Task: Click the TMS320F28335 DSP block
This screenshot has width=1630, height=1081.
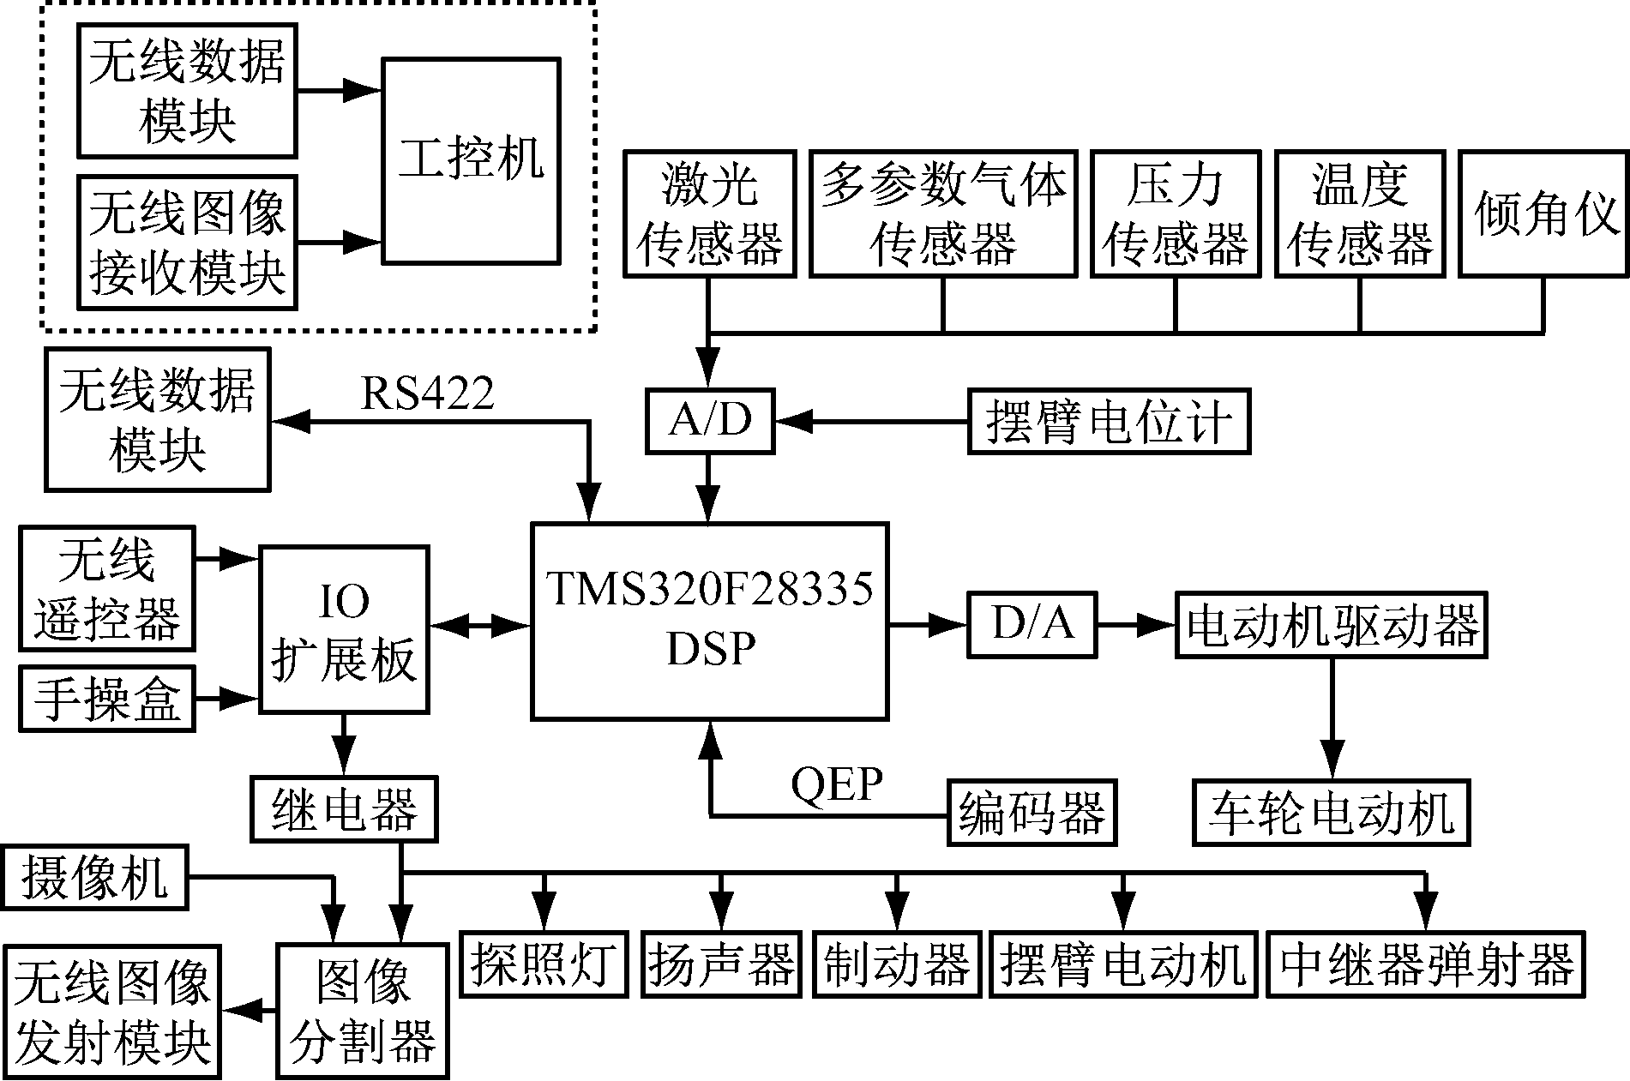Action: coord(709,621)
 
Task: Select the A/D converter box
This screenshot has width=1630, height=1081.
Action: coord(709,421)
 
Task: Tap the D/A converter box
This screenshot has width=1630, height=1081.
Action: coord(1032,624)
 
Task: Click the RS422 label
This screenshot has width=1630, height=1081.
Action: coord(427,394)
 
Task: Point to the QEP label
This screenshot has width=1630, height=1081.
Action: coord(836,784)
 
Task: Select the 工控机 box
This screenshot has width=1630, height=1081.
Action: coord(471,160)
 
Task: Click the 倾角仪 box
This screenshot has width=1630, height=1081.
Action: coord(1543,214)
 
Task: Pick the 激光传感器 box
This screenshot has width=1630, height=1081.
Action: coord(709,214)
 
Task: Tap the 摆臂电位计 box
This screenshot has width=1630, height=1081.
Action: coord(1109,421)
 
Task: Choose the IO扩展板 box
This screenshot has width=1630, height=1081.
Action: coord(344,629)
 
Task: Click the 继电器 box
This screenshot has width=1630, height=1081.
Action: coord(344,808)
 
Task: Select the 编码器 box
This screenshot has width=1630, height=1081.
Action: coord(1032,812)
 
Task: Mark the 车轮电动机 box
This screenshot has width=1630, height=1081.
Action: coord(1331,812)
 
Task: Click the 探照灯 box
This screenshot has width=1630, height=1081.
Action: coord(543,964)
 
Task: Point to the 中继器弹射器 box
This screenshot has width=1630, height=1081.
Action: coord(1425,964)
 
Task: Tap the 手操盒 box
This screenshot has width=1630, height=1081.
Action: coord(107,699)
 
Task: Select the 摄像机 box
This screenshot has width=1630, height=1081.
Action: coord(94,878)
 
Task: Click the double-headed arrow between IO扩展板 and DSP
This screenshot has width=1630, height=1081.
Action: coord(480,626)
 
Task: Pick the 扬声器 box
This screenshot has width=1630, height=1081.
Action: coord(719,964)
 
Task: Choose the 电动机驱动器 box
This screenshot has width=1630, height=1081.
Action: coord(1331,624)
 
